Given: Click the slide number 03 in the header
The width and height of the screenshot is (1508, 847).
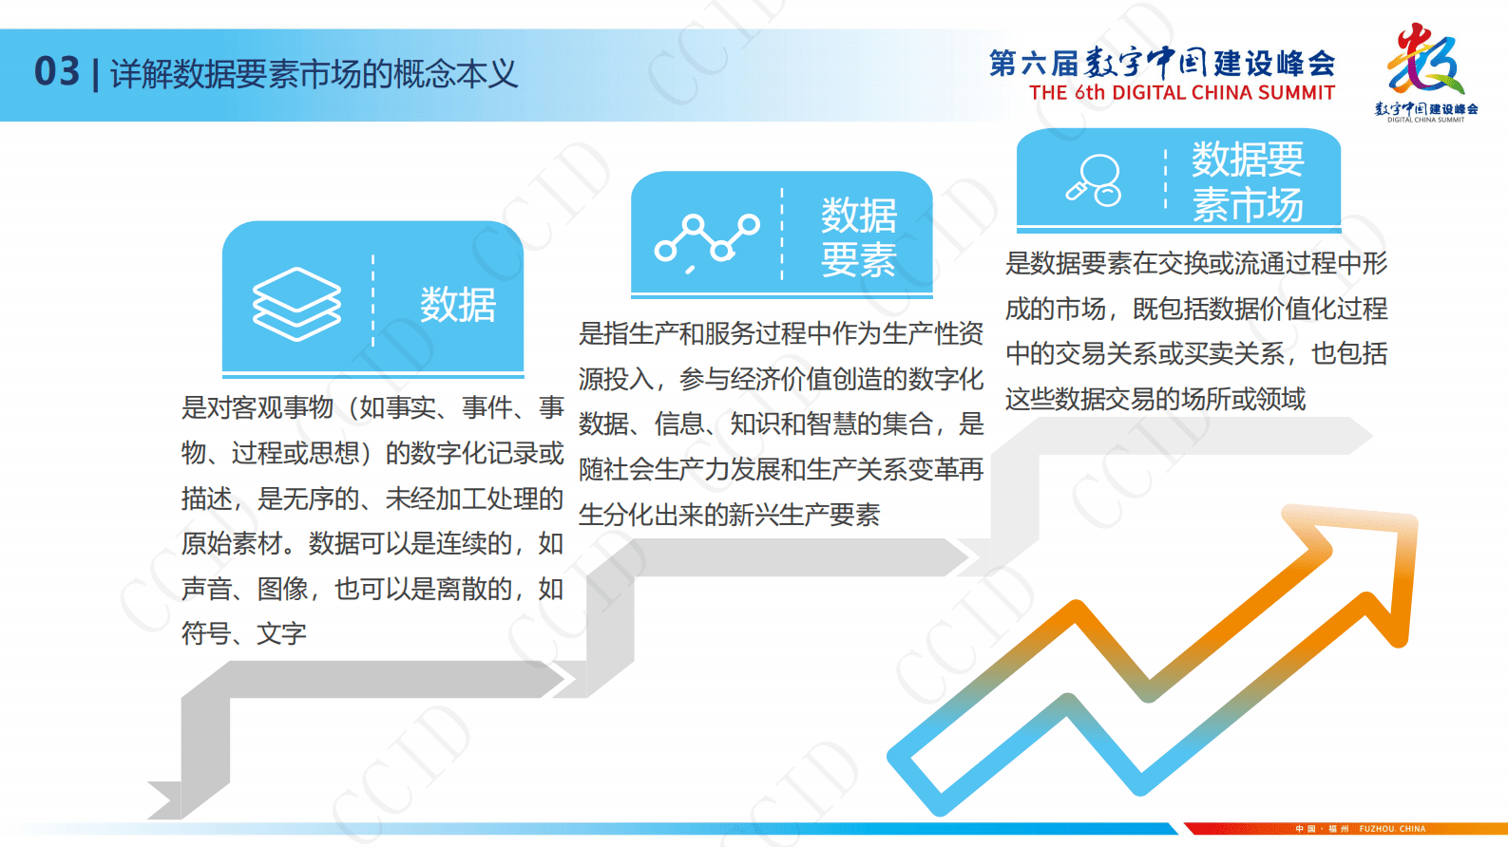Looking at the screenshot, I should coord(57,72).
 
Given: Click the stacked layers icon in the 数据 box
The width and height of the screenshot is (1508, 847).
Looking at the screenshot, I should coord(296,304).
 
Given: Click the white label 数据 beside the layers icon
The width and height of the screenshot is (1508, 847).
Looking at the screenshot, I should coord(458,305).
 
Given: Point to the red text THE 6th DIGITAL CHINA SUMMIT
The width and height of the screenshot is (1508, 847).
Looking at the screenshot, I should coord(1181,93).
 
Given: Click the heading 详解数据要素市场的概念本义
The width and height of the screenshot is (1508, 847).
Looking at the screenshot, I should coord(314,74).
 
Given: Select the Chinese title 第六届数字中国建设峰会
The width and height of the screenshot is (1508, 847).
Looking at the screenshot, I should coord(1161,64).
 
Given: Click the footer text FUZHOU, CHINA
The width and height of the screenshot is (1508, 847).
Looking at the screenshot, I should coord(1392,829).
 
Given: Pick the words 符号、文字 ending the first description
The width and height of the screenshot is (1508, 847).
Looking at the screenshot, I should coord(244,633).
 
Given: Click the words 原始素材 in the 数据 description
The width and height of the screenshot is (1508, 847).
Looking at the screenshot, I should coord(232,543).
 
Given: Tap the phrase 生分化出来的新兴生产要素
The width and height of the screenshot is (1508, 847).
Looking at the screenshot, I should coord(729,515).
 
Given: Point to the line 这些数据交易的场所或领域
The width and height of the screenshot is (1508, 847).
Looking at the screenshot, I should coord(1155,399).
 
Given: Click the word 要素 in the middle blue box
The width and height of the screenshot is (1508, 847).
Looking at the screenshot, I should coord(859,260).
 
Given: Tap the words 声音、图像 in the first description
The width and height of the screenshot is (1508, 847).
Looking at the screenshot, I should coord(244,589).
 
